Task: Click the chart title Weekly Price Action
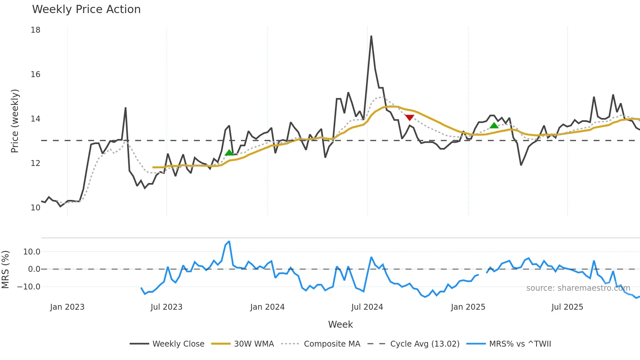86,9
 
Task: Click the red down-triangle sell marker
409,118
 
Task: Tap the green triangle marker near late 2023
229,153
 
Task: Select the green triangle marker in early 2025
494,125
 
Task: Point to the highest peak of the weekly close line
371,36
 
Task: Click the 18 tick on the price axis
35,30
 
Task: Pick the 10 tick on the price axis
35,208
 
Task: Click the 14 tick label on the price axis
35,119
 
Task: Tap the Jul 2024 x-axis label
367,307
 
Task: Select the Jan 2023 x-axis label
67,307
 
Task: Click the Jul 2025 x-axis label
567,307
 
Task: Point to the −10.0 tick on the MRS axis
29,287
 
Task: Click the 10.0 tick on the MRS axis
32,252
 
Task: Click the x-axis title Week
340,324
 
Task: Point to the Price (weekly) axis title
15,121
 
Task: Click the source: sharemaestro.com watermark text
578,288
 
